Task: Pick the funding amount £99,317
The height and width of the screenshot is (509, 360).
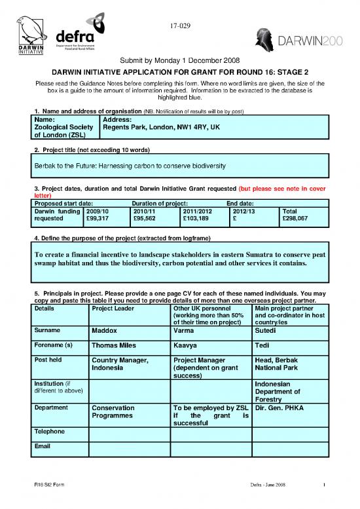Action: pyautogui.click(x=99, y=219)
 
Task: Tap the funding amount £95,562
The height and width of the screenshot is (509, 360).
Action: pyautogui.click(x=145, y=219)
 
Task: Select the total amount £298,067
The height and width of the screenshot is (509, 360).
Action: pyautogui.click(x=295, y=219)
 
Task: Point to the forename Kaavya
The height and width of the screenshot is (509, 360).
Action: pyautogui.click(x=188, y=346)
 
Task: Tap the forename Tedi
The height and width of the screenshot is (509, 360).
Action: pyautogui.click(x=262, y=346)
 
